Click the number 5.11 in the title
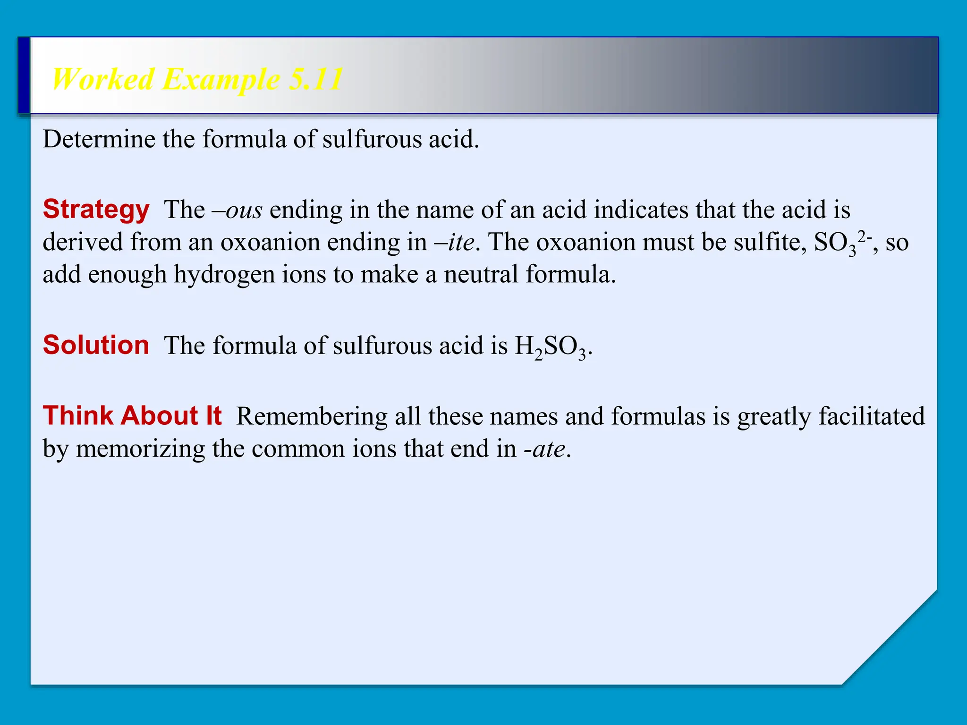(x=315, y=79)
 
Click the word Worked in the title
(x=103, y=79)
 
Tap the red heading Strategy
(x=96, y=210)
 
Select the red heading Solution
(x=96, y=345)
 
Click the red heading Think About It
(x=132, y=416)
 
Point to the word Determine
(x=99, y=140)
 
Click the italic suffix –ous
(x=237, y=210)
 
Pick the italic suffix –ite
(x=454, y=242)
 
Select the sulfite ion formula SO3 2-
(x=842, y=243)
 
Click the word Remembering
(x=312, y=417)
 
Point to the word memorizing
(x=140, y=449)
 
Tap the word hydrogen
(x=224, y=275)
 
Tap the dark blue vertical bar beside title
(x=24, y=76)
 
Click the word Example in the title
(x=221, y=79)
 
